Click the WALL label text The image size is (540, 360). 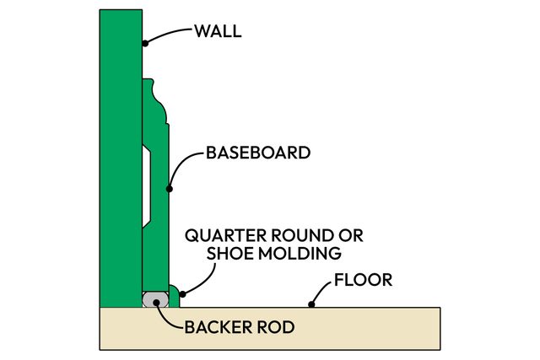(x=218, y=32)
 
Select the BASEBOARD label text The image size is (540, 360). (x=259, y=153)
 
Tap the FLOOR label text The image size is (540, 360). (x=364, y=279)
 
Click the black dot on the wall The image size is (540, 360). (x=145, y=42)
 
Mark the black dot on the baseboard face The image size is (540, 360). (x=170, y=188)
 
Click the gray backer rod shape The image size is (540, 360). (x=151, y=299)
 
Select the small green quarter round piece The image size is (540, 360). (x=172, y=296)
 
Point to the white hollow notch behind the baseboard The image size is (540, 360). (x=147, y=185)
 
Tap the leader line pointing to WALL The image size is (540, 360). (x=169, y=34)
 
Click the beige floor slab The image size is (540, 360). (x=270, y=329)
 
